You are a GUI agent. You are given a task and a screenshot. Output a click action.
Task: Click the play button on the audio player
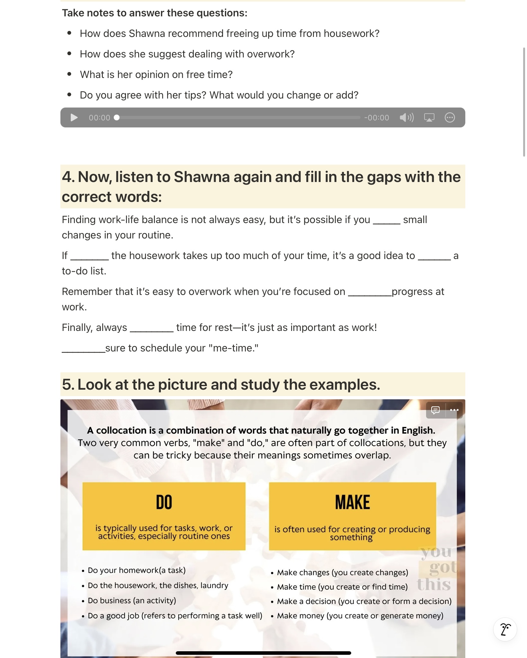(x=74, y=118)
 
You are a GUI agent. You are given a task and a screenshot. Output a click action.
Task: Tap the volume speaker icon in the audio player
(x=406, y=118)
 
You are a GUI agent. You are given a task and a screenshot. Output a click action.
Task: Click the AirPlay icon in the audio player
(x=429, y=118)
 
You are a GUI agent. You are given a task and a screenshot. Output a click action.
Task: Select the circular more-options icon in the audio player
(x=450, y=118)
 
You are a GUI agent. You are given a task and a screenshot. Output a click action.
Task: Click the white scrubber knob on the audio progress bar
(x=117, y=118)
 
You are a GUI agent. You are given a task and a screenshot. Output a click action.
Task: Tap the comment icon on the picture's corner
(x=435, y=410)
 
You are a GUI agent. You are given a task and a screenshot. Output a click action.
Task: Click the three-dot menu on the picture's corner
(x=454, y=410)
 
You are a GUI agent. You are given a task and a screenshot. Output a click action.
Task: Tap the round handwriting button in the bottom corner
(x=505, y=629)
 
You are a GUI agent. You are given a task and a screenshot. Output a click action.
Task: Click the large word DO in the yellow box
(x=164, y=502)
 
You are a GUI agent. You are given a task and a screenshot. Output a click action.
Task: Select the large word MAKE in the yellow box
(x=352, y=502)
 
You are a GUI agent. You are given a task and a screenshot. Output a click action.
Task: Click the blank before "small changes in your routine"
(x=386, y=221)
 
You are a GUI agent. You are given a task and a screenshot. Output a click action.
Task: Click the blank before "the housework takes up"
(x=89, y=257)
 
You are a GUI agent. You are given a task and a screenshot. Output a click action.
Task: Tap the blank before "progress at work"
(x=370, y=293)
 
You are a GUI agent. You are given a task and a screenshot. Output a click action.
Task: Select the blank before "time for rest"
(x=151, y=329)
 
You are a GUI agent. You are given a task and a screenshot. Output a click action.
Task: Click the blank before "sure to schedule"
(x=83, y=350)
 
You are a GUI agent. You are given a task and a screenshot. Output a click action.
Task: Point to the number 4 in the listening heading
(x=67, y=177)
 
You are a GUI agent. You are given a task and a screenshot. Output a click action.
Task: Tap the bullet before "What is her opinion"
(x=69, y=74)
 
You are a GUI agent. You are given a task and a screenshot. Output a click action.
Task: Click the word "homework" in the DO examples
(x=138, y=570)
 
